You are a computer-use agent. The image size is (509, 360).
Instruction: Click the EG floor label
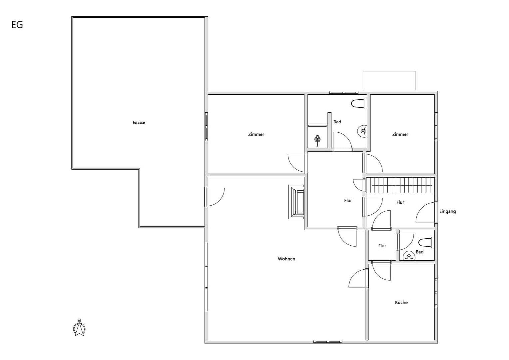tap(17, 25)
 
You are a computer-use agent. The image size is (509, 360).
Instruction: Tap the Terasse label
tap(139, 122)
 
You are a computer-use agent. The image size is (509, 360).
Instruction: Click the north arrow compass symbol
tap(79, 328)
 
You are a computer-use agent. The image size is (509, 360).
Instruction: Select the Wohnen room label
tap(286, 259)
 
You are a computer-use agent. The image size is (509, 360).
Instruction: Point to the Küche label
tap(401, 302)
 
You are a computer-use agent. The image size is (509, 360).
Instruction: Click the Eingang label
tap(447, 211)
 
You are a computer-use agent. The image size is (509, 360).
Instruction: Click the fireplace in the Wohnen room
tap(296, 202)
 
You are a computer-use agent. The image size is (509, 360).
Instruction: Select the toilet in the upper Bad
tap(359, 103)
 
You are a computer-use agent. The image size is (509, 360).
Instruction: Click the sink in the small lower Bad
tap(409, 256)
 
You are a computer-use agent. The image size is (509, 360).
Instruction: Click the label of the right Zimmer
tap(400, 134)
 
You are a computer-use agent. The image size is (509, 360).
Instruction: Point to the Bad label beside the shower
tap(337, 122)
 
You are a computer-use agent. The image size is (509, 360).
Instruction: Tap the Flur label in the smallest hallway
tap(382, 246)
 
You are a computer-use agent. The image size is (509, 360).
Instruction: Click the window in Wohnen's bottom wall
tap(328, 341)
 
